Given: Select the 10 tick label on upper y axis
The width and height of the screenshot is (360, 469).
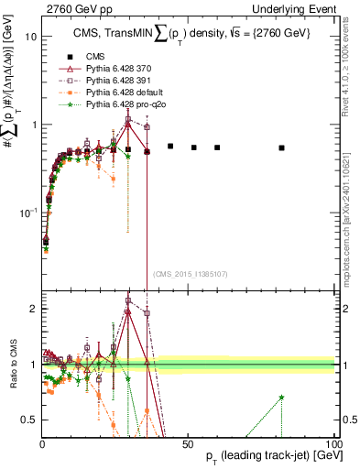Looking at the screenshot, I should (30, 38).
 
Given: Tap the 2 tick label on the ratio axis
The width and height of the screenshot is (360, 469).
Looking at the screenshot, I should (33, 309).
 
